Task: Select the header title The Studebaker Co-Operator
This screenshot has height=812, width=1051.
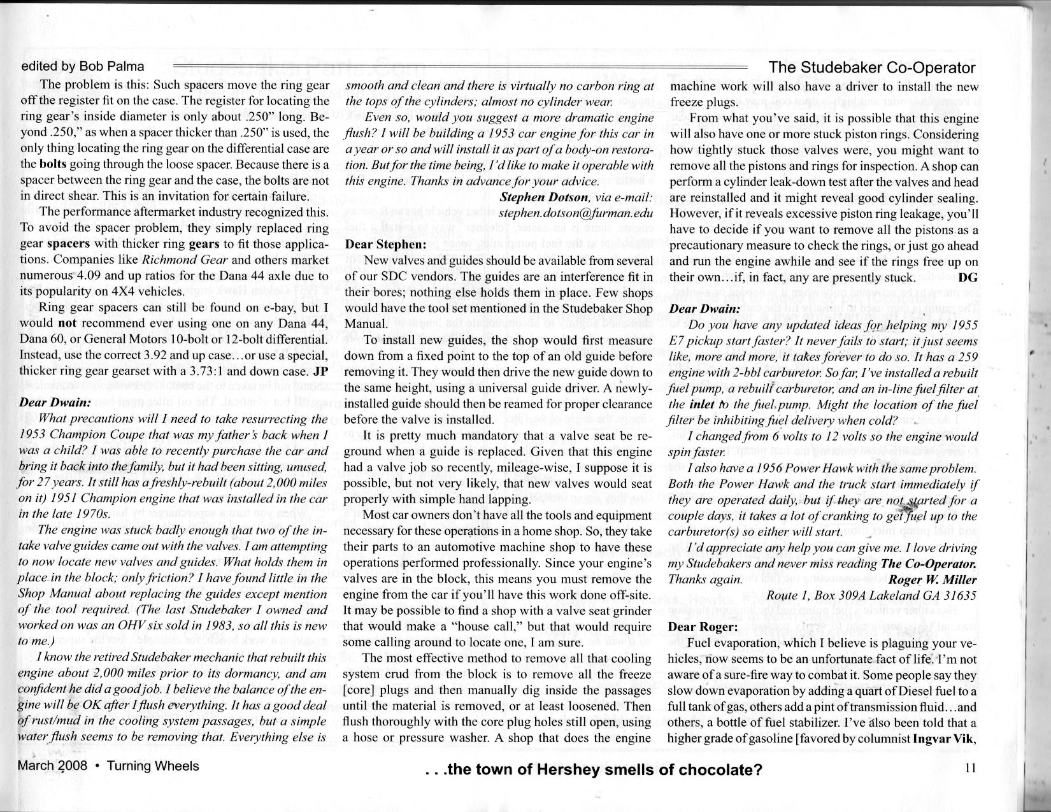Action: pyautogui.click(x=872, y=68)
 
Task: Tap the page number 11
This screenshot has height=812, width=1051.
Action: pyautogui.click(x=970, y=768)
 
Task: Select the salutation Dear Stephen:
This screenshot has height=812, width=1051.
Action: pyautogui.click(x=385, y=244)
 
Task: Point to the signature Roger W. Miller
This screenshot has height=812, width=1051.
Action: pyautogui.click(x=932, y=580)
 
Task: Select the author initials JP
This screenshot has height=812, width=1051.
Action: pyautogui.click(x=321, y=371)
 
